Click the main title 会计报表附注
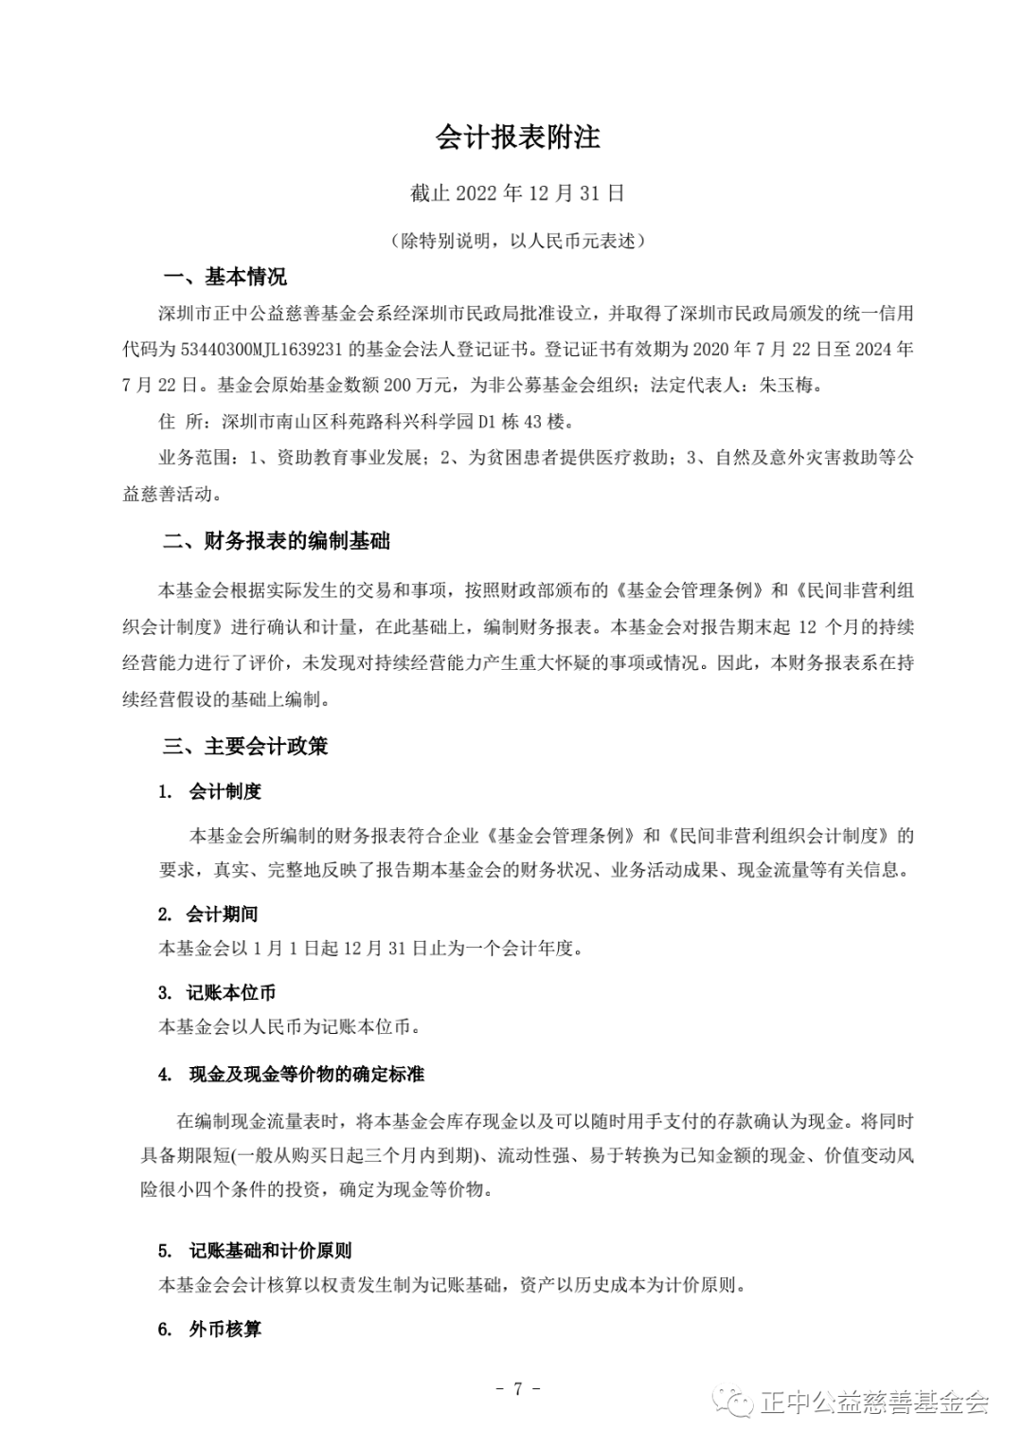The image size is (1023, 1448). (517, 137)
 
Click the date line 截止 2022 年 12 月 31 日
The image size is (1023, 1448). (517, 193)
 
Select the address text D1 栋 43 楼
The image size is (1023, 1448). (527, 421)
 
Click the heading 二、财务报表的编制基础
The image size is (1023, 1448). (276, 541)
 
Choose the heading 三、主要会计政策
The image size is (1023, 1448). (245, 746)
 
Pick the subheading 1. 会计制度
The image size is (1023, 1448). (210, 791)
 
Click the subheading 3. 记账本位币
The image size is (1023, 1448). (217, 992)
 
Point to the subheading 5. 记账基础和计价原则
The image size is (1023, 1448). (255, 1250)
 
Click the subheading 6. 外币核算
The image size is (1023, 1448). (209, 1329)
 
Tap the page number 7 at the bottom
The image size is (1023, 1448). (517, 1388)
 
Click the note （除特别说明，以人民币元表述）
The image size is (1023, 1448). (517, 241)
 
